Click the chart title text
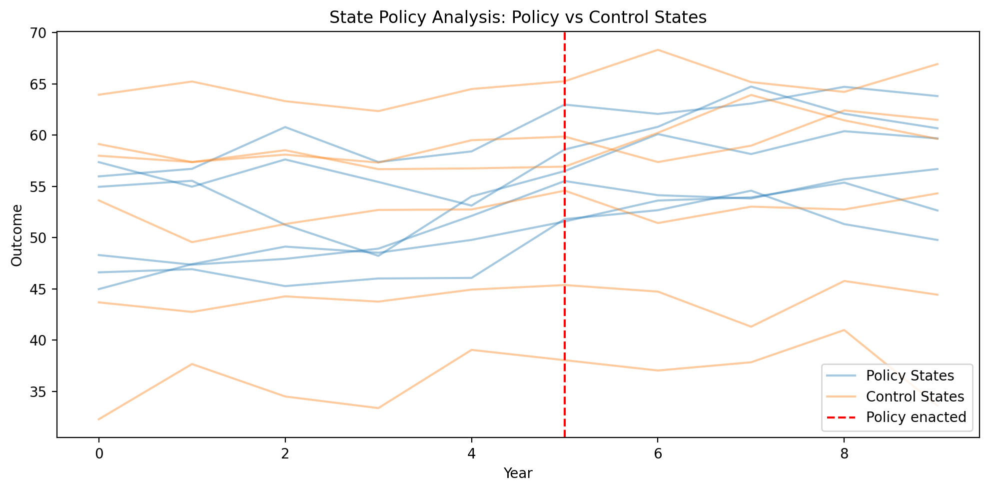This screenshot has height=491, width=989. click(518, 17)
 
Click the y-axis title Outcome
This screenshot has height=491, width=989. click(16, 235)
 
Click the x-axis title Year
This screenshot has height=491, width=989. click(518, 473)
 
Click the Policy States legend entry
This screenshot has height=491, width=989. click(910, 375)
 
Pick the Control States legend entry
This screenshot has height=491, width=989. click(915, 396)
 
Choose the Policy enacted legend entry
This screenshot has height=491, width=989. click(916, 417)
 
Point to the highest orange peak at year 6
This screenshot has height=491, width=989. click(658, 50)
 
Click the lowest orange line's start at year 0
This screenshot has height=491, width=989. click(99, 419)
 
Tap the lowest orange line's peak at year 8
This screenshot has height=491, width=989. click(844, 330)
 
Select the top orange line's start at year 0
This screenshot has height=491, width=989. click(99, 94)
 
